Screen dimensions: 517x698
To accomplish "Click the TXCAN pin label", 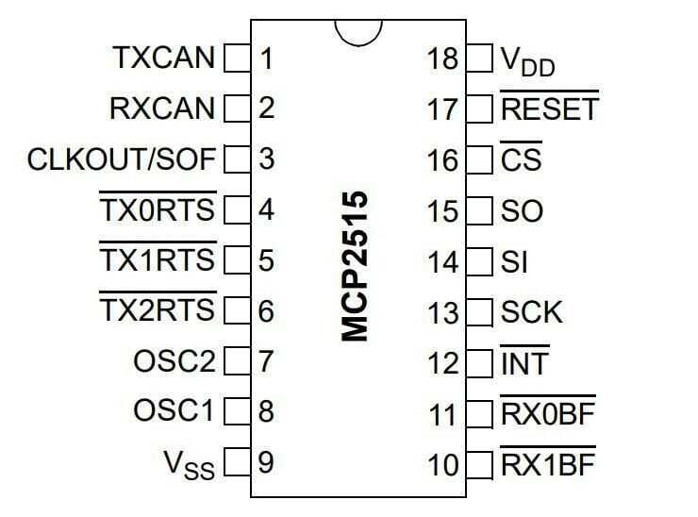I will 163,58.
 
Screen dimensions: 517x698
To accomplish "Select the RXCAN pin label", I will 162,108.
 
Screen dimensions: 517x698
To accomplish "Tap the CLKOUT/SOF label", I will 122,158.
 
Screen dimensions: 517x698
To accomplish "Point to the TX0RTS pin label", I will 158,209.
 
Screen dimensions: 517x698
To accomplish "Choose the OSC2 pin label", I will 174,361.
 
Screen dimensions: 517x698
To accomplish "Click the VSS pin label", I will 189,463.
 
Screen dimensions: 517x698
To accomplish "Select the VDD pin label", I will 527,61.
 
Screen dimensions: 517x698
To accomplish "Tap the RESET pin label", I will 549,108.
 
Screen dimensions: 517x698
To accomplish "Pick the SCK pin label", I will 532,311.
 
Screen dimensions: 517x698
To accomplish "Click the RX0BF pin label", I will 548,413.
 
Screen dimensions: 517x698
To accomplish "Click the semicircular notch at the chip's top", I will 359,32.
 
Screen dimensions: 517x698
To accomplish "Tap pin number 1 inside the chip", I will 266,58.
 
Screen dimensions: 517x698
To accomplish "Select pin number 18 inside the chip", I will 442,58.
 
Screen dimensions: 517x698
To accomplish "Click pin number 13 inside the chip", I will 442,311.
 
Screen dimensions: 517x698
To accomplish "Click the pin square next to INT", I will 480,362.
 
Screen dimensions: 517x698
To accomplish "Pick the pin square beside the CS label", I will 480,159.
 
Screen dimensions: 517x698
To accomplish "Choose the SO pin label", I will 523,210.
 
